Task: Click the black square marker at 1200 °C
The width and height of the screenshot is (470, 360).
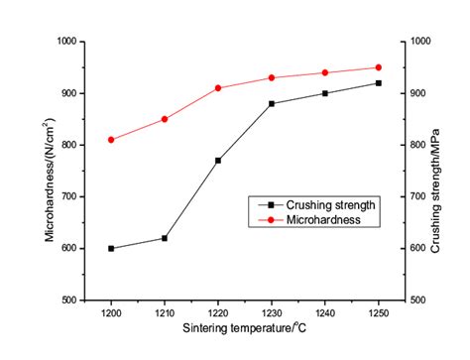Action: (x=111, y=248)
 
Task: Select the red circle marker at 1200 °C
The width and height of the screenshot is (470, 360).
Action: (x=111, y=140)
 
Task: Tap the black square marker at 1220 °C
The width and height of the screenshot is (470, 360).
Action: (x=217, y=160)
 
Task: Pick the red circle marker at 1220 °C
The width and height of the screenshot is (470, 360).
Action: (x=217, y=88)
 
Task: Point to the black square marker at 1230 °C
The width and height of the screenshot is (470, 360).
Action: (x=271, y=103)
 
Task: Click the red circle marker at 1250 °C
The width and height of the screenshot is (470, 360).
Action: (x=378, y=67)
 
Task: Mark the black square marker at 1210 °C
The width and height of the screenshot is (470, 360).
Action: (x=165, y=238)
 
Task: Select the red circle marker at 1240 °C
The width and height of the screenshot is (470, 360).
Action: (x=324, y=72)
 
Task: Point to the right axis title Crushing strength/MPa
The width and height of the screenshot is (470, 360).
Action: (x=436, y=169)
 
